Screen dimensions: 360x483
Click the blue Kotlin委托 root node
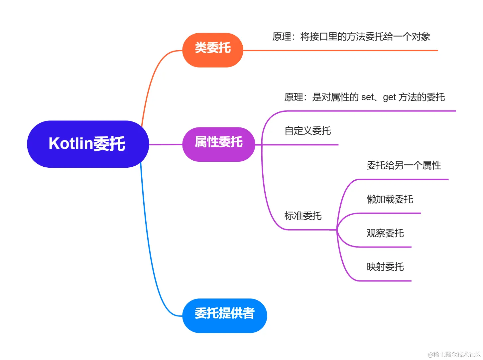coord(88,144)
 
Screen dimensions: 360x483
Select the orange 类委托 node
coord(213,50)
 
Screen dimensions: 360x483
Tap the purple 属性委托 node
coord(218,144)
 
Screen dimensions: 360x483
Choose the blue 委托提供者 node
coord(224,315)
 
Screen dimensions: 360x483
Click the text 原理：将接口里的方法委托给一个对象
coord(351,37)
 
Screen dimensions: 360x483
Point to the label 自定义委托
coord(307,131)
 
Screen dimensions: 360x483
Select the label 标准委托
coord(303,216)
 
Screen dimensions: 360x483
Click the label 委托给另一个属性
coord(404,165)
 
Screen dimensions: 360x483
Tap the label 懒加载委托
coord(390,199)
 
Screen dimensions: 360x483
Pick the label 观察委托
coord(385,233)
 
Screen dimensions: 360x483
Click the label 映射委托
coord(385,267)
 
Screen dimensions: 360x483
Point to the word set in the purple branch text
coord(367,97)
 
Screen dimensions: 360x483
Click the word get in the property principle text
coord(389,97)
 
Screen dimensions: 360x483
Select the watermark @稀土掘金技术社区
coord(454,354)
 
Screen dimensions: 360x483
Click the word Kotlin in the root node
coord(70,144)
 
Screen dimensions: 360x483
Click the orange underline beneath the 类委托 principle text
coord(341,51)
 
